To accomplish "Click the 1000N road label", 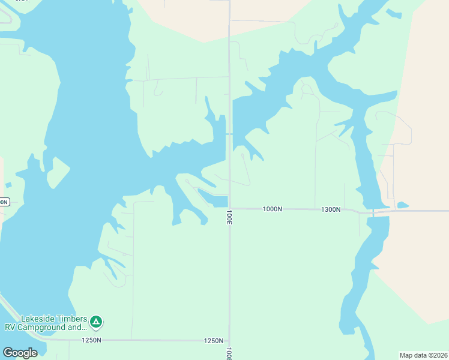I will pyautogui.click(x=272, y=209).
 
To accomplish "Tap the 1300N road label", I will pyautogui.click(x=331, y=209).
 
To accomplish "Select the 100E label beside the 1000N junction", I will pyautogui.click(x=229, y=217).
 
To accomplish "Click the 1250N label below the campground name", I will pyautogui.click(x=92, y=340).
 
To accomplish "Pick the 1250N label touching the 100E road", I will pyautogui.click(x=214, y=341).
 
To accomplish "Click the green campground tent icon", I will pyautogui.click(x=96, y=322).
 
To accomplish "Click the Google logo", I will pyautogui.click(x=20, y=353).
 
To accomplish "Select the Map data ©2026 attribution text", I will pyautogui.click(x=423, y=355).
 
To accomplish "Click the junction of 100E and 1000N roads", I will pyautogui.click(x=229, y=208).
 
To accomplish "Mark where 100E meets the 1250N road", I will pyautogui.click(x=229, y=340).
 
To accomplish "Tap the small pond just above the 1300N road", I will pyautogui.click(x=402, y=205).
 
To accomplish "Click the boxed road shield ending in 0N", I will pyautogui.click(x=4, y=202).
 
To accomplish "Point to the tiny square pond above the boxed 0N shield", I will pyautogui.click(x=8, y=185).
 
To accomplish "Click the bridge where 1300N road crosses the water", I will pyautogui.click(x=373, y=212).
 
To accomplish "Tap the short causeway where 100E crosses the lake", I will pyautogui.click(x=229, y=133).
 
